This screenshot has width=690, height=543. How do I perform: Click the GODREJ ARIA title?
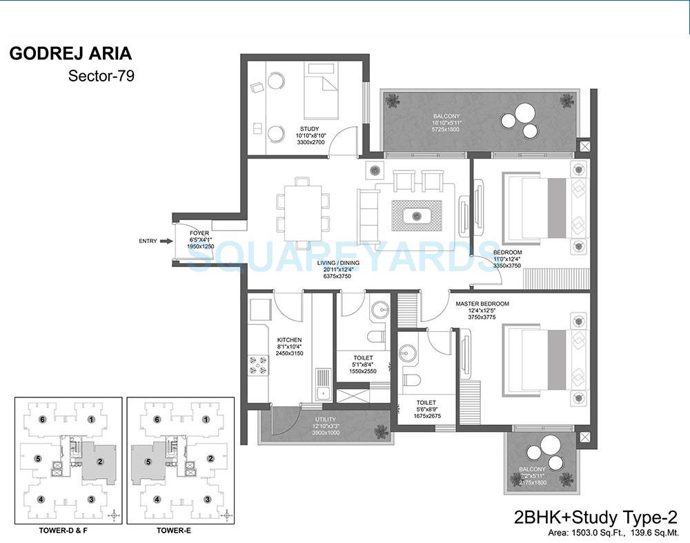(70, 54)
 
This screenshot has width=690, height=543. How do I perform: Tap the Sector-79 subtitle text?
(101, 76)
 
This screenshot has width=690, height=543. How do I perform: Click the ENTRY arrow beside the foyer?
(166, 241)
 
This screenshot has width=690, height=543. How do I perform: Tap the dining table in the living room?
(302, 213)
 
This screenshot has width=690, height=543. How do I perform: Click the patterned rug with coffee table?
(417, 216)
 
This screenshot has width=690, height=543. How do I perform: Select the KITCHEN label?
(290, 340)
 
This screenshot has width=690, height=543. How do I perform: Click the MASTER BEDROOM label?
(482, 304)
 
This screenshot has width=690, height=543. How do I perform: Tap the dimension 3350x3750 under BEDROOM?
(507, 266)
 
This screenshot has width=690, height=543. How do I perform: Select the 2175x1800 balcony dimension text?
(531, 483)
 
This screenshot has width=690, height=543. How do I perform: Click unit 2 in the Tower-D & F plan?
(99, 461)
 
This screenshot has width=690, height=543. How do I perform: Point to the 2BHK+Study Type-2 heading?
(597, 517)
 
